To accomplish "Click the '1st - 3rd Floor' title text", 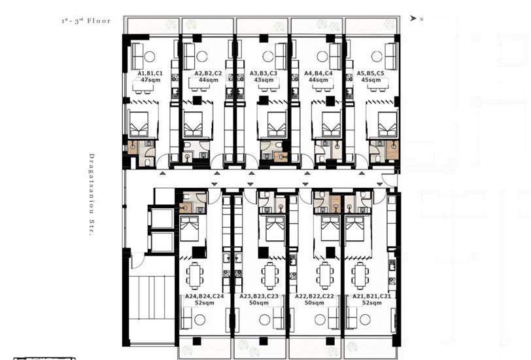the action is [86, 21].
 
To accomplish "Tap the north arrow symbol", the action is [413, 18].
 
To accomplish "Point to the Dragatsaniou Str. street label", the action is [91, 194].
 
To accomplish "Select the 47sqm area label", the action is [150, 80].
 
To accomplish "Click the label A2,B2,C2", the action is [208, 73].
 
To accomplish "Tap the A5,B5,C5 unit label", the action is [371, 73].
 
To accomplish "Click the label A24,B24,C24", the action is [204, 297].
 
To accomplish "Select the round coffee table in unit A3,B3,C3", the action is [268, 56].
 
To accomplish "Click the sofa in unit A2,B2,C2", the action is [188, 56].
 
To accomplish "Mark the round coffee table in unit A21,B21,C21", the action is [365, 319].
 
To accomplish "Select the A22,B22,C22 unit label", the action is [315, 297].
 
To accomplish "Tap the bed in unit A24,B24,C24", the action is [190, 229].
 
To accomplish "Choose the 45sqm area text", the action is [371, 80].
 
